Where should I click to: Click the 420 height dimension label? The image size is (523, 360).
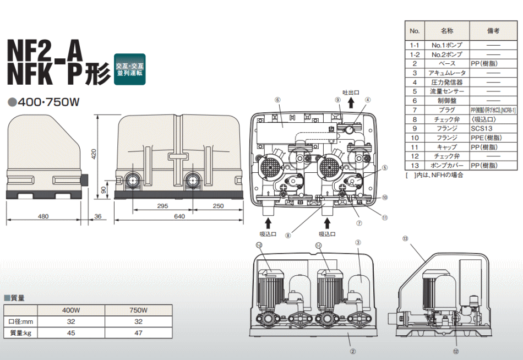pyautogui.click(x=94, y=155)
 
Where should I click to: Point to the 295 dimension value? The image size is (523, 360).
pyautogui.click(x=162, y=206)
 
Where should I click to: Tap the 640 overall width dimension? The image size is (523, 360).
pyautogui.click(x=179, y=217)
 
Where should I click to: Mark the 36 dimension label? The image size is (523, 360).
pyautogui.click(x=98, y=217)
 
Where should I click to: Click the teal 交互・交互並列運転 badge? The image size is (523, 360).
pyautogui.click(x=130, y=69)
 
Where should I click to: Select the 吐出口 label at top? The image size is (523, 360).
pyautogui.click(x=350, y=93)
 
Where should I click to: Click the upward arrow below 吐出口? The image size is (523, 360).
pyautogui.click(x=350, y=104)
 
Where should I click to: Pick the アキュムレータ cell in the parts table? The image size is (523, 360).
pyautogui.click(x=447, y=73)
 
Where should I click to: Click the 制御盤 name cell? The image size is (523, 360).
pyautogui.click(x=447, y=101)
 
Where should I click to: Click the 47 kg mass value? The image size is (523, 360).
pyautogui.click(x=138, y=332)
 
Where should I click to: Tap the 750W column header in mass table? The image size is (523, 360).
pyautogui.click(x=138, y=310)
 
